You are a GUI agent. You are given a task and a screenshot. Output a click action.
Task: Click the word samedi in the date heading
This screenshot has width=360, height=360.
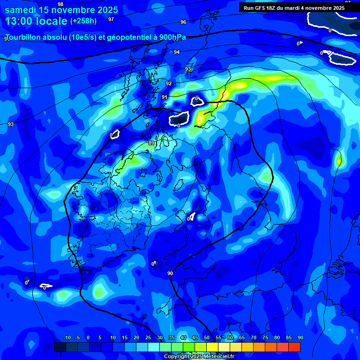[x=21, y=9]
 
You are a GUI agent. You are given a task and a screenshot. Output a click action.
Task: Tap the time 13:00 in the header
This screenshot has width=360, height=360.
[x=21, y=21]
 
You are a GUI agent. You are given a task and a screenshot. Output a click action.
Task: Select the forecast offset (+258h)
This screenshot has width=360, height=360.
[x=83, y=21]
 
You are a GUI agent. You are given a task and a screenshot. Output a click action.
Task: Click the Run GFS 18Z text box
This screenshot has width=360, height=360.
[x=294, y=7]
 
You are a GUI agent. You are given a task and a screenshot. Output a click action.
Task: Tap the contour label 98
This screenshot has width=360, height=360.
[x=60, y=4]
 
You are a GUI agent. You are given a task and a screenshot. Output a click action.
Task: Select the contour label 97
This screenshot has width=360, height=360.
[x=111, y=19]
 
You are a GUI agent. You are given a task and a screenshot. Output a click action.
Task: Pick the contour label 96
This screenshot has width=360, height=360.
[x=183, y=22]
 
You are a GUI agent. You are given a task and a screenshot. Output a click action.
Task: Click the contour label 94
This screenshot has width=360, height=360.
[x=177, y=52]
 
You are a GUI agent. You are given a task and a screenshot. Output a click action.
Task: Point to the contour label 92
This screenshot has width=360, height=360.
[x=169, y=83]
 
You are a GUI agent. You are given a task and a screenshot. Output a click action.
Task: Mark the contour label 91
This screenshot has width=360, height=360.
[x=165, y=97]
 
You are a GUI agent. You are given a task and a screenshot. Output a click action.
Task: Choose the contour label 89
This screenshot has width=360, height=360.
[x=151, y=143]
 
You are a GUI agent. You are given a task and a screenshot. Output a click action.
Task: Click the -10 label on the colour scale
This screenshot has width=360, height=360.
[x=67, y=337]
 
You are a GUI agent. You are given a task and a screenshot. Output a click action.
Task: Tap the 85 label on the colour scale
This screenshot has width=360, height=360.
[x=288, y=337]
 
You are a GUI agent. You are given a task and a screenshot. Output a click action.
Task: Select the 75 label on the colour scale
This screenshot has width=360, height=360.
[x=265, y=337]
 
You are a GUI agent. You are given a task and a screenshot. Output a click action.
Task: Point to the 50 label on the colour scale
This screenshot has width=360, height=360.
[x=207, y=337]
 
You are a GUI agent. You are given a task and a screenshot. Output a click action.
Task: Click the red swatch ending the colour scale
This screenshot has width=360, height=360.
[x=294, y=347]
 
